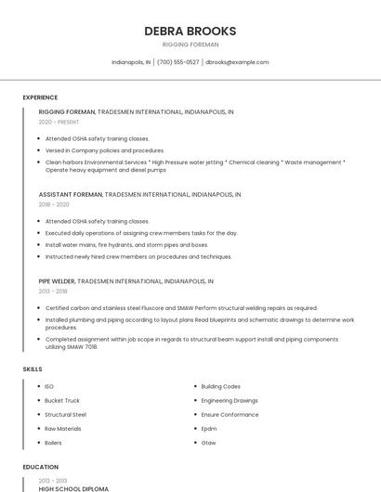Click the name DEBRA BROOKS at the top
190,31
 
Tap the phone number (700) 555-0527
178,62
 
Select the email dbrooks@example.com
237,62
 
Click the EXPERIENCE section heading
40,97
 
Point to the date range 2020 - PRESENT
59,122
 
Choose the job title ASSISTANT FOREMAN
71,195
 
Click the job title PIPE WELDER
57,280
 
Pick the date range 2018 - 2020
54,204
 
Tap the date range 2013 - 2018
53,291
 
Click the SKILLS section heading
33,369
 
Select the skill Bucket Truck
62,400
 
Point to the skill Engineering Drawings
230,400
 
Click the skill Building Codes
221,386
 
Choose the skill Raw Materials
63,429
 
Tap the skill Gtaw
209,443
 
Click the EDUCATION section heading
40,467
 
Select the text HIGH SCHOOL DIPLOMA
73,488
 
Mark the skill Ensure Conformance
230,414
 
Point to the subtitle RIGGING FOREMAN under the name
190,44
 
